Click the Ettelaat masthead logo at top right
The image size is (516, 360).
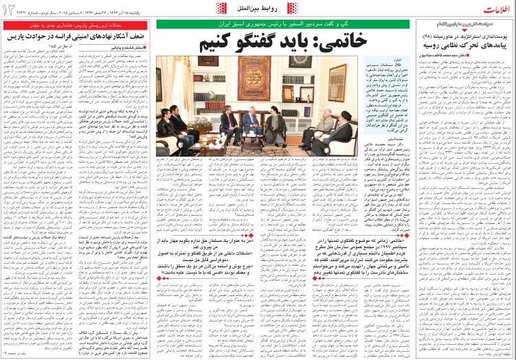point(490,8)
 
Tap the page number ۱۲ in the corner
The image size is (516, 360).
point(10,8)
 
